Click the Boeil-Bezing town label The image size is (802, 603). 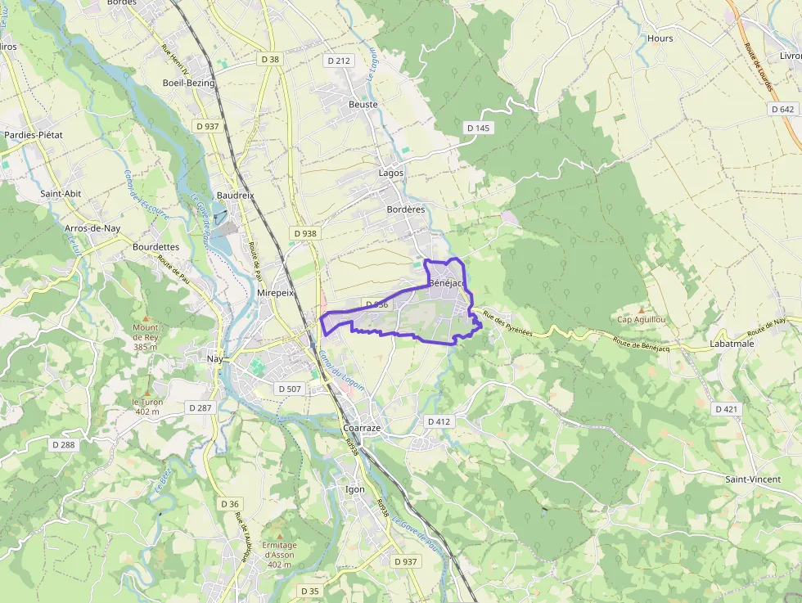188,83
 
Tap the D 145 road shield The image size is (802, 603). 478,128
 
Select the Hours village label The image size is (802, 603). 660,38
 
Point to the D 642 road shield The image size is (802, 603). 782,109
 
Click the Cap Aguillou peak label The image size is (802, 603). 641,319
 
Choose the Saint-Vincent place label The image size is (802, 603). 753,479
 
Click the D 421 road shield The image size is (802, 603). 726,408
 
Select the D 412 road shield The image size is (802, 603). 439,421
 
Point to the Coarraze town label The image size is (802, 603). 361,428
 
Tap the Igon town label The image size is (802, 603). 355,489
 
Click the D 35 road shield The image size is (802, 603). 309,591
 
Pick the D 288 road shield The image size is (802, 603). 63,445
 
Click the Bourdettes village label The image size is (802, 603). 155,246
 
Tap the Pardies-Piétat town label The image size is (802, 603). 34,135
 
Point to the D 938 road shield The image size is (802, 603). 304,233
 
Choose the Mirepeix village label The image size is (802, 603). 275,292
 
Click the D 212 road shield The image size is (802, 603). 338,61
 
